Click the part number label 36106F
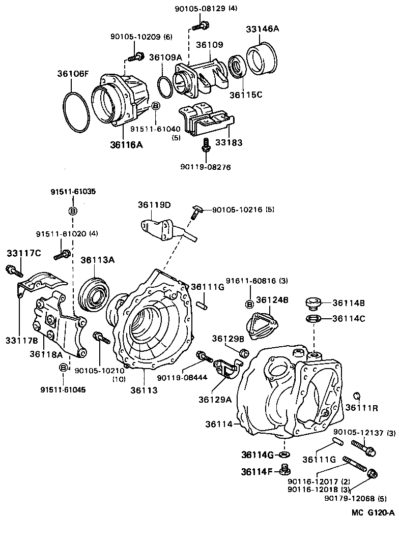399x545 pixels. (73, 74)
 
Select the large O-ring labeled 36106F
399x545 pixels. (76, 113)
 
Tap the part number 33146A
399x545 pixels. (263, 29)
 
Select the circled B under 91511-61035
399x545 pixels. (73, 211)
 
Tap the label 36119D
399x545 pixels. (154, 205)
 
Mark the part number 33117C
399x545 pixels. (23, 253)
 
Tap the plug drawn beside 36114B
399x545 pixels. (313, 305)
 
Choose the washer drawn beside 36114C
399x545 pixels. (313, 319)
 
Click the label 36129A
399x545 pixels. (215, 399)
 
